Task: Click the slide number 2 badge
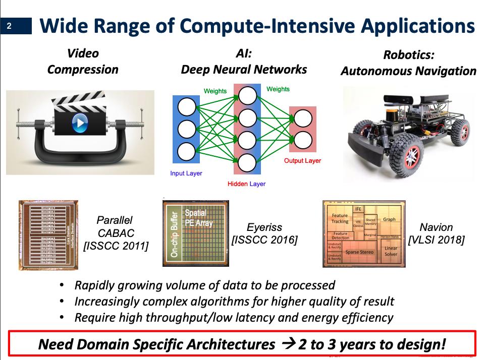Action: [x=9, y=27]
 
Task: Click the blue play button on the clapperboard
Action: [x=80, y=122]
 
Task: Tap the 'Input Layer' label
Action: [x=186, y=173]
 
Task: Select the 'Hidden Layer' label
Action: [x=246, y=184]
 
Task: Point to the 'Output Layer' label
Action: [x=302, y=161]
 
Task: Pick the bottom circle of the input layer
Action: [x=186, y=150]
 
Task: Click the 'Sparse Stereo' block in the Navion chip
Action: [x=359, y=251]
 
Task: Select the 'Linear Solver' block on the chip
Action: [x=391, y=252]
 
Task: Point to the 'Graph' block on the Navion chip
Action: [x=389, y=220]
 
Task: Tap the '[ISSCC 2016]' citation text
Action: [x=264, y=240]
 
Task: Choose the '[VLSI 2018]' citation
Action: [x=437, y=240]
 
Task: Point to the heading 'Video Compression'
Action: [x=83, y=61]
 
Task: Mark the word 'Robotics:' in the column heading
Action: [x=408, y=55]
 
